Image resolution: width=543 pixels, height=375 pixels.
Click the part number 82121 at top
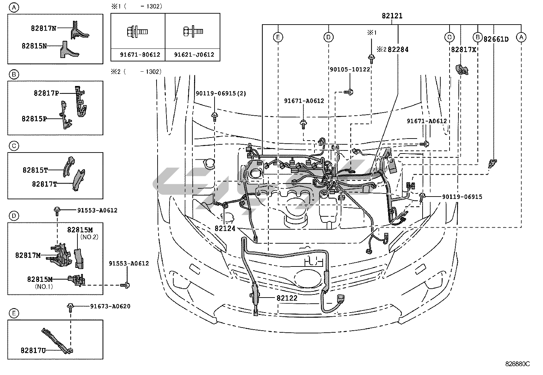(392, 16)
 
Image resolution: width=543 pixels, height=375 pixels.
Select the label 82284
(398, 49)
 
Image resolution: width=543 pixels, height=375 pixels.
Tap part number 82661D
(496, 39)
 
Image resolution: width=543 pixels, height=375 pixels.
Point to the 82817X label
(463, 49)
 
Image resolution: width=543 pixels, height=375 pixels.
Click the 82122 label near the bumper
(287, 298)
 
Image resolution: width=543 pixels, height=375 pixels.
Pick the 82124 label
(225, 228)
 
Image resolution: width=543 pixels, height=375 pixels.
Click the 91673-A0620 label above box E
(110, 306)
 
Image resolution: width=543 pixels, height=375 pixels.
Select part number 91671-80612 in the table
(138, 55)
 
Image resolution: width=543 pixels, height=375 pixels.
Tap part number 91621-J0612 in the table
(193, 55)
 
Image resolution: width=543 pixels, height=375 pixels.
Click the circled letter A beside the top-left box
(13, 7)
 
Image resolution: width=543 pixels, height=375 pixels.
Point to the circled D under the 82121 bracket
(328, 37)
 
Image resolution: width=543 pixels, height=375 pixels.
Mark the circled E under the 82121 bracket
(278, 37)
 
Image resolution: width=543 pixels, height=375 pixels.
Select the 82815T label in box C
(35, 170)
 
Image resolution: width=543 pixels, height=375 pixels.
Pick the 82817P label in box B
(46, 93)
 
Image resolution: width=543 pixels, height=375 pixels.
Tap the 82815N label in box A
(34, 46)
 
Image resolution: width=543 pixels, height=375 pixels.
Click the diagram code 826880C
(517, 364)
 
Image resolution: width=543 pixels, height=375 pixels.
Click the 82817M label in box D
(28, 255)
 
